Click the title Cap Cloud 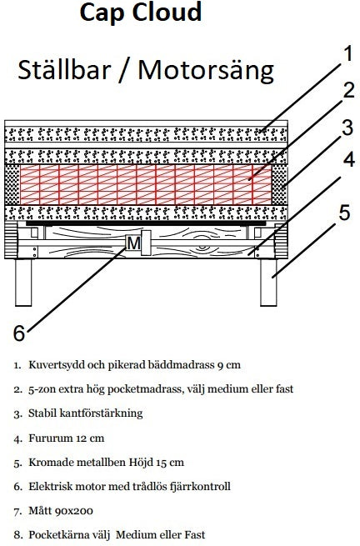tap(140, 14)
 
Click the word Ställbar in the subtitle tap(65, 70)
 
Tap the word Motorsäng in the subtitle tap(206, 70)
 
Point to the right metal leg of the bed tap(270, 283)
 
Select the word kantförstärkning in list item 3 tap(104, 413)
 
